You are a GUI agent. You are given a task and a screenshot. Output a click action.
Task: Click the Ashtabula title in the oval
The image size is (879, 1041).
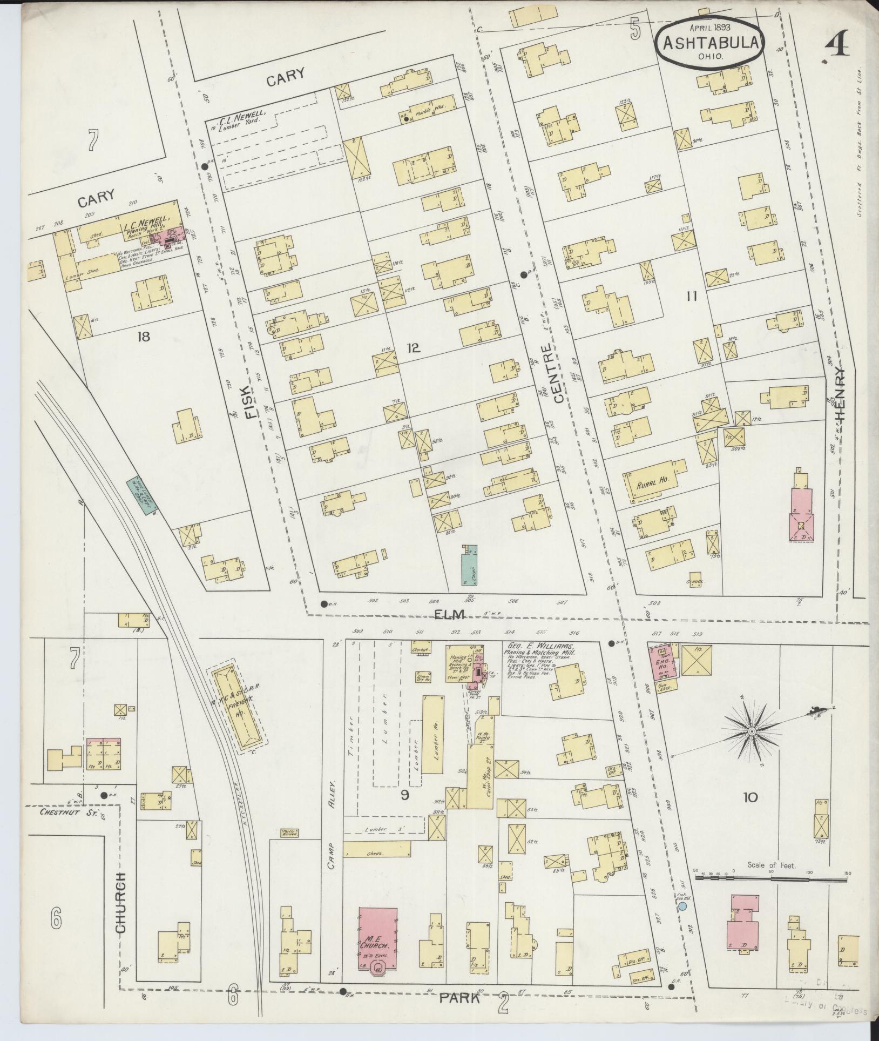click(x=709, y=43)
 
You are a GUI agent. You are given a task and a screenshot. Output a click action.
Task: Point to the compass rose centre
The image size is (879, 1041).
click(x=750, y=731)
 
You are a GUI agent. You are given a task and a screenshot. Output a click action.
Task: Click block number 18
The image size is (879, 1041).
click(x=143, y=337)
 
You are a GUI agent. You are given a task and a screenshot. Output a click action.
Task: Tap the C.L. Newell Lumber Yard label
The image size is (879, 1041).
click(x=243, y=117)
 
